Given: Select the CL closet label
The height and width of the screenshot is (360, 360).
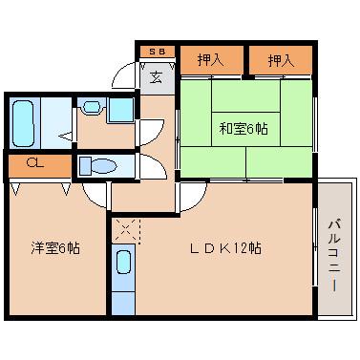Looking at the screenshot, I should tap(33, 164).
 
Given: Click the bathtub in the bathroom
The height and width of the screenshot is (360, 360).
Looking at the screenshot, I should tap(26, 120).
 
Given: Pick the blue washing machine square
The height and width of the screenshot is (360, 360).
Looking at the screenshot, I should tap(120, 108).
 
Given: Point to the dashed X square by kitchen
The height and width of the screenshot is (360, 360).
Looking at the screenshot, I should tap(124, 230).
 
